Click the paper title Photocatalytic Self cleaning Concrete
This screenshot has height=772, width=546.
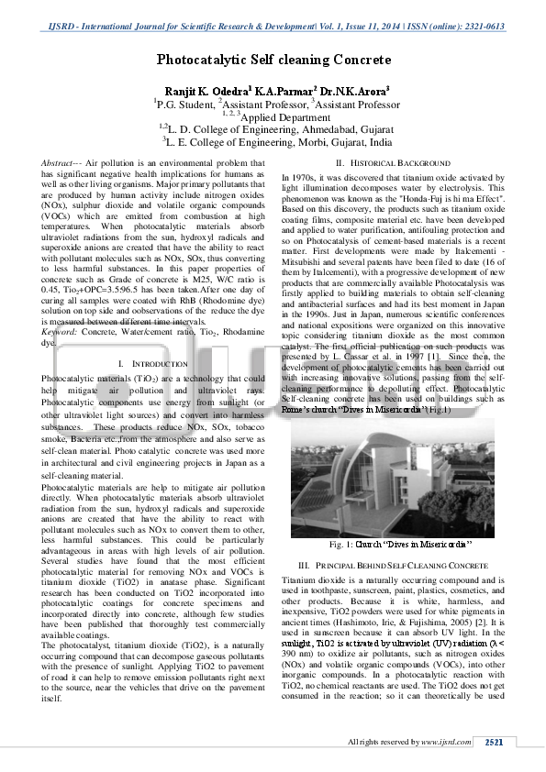pyautogui.click(x=273, y=61)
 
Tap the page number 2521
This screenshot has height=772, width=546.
pyautogui.click(x=494, y=741)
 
